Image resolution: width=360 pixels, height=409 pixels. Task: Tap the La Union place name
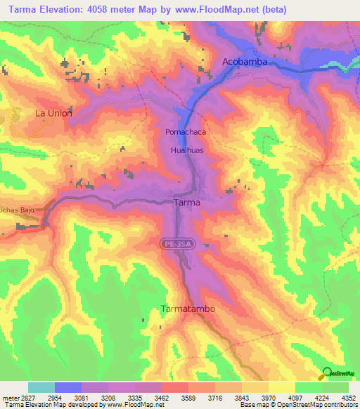tap(54, 112)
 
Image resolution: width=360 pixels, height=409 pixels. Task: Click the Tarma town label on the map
tap(186, 202)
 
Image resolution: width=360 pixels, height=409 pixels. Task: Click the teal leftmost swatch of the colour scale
tap(41, 387)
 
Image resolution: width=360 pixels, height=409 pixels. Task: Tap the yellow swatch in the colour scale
tap(282, 387)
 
